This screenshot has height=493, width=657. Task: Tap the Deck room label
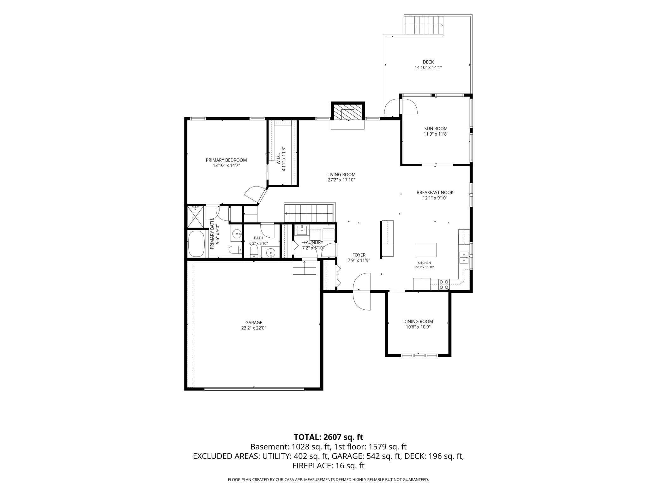pyautogui.click(x=428, y=62)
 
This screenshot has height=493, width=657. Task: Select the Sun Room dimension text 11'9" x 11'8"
pyautogui.click(x=436, y=134)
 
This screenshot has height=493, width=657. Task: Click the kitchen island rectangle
pyautogui.click(x=425, y=250)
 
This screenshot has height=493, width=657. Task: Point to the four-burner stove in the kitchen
pyautogui.click(x=444, y=284)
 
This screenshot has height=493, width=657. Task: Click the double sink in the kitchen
pyautogui.click(x=464, y=258)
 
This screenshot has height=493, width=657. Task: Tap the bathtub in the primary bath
pyautogui.click(x=196, y=244)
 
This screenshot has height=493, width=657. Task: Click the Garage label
pyautogui.click(x=254, y=323)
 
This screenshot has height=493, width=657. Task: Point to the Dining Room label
pyautogui.click(x=418, y=321)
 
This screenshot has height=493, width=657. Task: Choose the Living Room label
pyautogui.click(x=341, y=174)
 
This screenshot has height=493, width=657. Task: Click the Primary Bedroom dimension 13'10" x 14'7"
pyautogui.click(x=226, y=165)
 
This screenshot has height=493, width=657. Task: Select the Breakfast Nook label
pyautogui.click(x=435, y=192)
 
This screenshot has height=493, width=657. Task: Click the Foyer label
pyautogui.click(x=359, y=255)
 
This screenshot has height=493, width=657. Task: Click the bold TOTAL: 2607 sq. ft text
pyautogui.click(x=328, y=437)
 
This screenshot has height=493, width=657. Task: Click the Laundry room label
pyautogui.click(x=313, y=242)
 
